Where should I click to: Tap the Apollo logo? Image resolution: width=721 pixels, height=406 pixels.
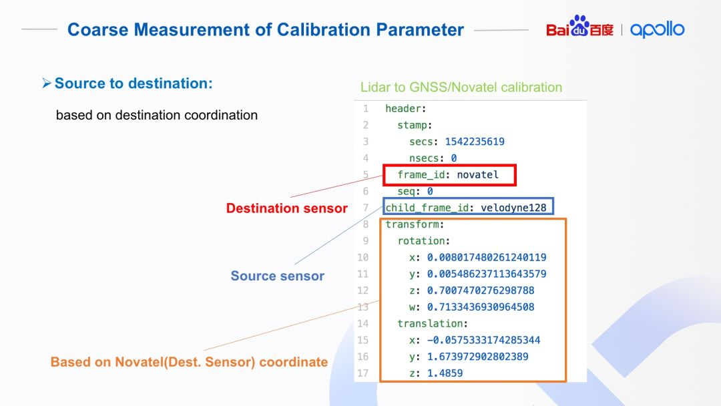click(x=657, y=29)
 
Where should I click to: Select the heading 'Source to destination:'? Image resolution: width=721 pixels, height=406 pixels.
click(x=134, y=83)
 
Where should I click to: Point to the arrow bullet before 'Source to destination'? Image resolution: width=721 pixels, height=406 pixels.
click(x=47, y=83)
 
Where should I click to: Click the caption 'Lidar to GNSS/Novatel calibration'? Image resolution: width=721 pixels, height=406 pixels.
click(x=461, y=87)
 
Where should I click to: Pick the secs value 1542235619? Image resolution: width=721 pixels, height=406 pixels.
click(x=475, y=142)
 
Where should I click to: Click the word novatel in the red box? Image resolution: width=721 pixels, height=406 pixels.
click(x=477, y=175)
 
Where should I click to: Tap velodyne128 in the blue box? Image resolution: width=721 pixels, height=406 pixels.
click(x=513, y=208)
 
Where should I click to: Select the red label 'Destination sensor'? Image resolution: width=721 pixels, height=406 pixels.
click(x=286, y=208)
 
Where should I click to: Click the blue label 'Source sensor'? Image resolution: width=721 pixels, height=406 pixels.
click(x=277, y=276)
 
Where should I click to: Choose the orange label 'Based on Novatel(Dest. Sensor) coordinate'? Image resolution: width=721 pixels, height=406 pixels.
click(x=189, y=362)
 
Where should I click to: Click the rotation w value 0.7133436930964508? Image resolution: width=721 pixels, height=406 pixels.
click(x=481, y=307)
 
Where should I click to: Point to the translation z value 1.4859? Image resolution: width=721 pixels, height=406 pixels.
click(x=445, y=373)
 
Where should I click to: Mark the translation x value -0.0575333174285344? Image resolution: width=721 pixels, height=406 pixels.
click(x=484, y=341)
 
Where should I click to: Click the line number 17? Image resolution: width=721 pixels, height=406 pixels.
click(x=363, y=373)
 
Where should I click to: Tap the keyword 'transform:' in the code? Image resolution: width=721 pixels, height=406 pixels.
click(x=415, y=224)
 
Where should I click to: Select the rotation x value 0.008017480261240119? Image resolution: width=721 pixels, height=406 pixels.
click(x=487, y=258)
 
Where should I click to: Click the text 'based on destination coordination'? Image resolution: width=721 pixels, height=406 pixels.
click(x=157, y=115)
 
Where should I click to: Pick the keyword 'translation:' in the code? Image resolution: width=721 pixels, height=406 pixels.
click(x=433, y=324)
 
